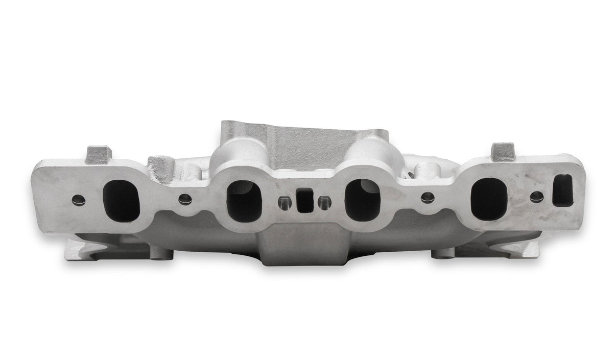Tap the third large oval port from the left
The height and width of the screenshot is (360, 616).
tap(362, 199)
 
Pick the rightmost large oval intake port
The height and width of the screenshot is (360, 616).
tap(489, 200)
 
